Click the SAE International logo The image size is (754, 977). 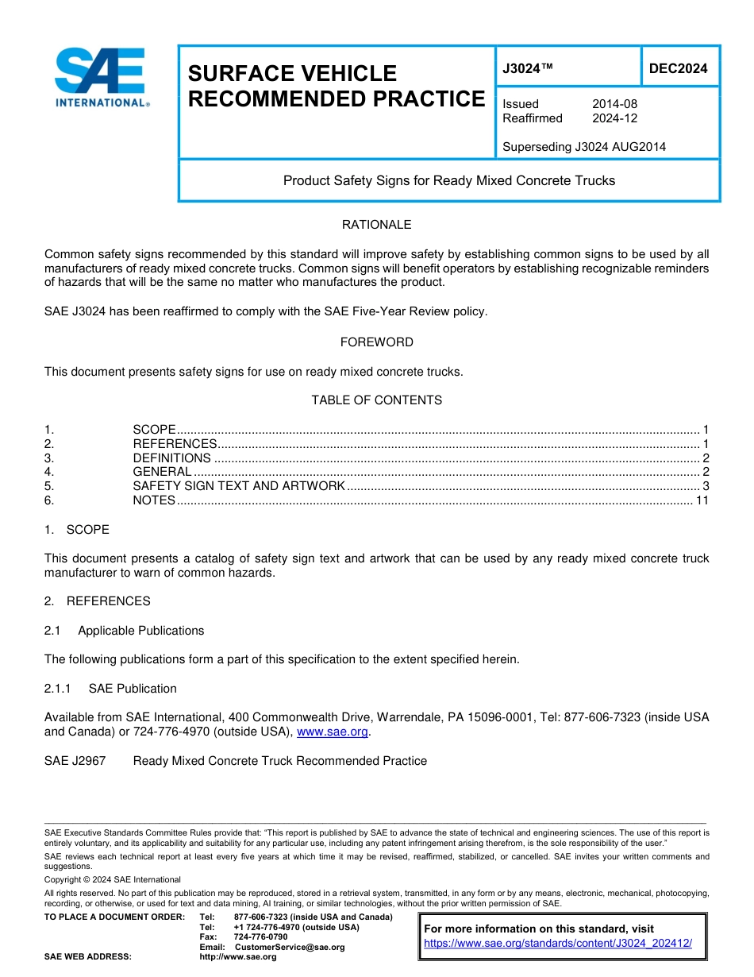pos(101,77)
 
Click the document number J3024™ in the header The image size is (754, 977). pos(527,69)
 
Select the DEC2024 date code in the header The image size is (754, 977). pos(678,69)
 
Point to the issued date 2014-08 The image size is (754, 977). pos(614,104)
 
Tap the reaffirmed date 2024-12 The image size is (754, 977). pos(614,118)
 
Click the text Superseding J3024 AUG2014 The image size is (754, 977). pos(584,146)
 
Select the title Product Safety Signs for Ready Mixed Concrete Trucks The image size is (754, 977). pos(449,180)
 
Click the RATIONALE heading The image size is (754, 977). pos(376,225)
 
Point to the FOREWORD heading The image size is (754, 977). pos(376,342)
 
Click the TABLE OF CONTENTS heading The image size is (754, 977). pos(376,400)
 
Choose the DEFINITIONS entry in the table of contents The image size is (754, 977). pos(171,458)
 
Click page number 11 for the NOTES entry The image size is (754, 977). pos(702,500)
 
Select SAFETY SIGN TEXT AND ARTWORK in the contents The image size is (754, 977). pos(238,486)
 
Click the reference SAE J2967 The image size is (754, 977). pos(67,761)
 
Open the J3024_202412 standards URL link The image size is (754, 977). pos(558,944)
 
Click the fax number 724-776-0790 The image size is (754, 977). pos(260,937)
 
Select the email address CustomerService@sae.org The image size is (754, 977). pos(290,947)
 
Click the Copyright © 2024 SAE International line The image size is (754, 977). pos(113,879)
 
